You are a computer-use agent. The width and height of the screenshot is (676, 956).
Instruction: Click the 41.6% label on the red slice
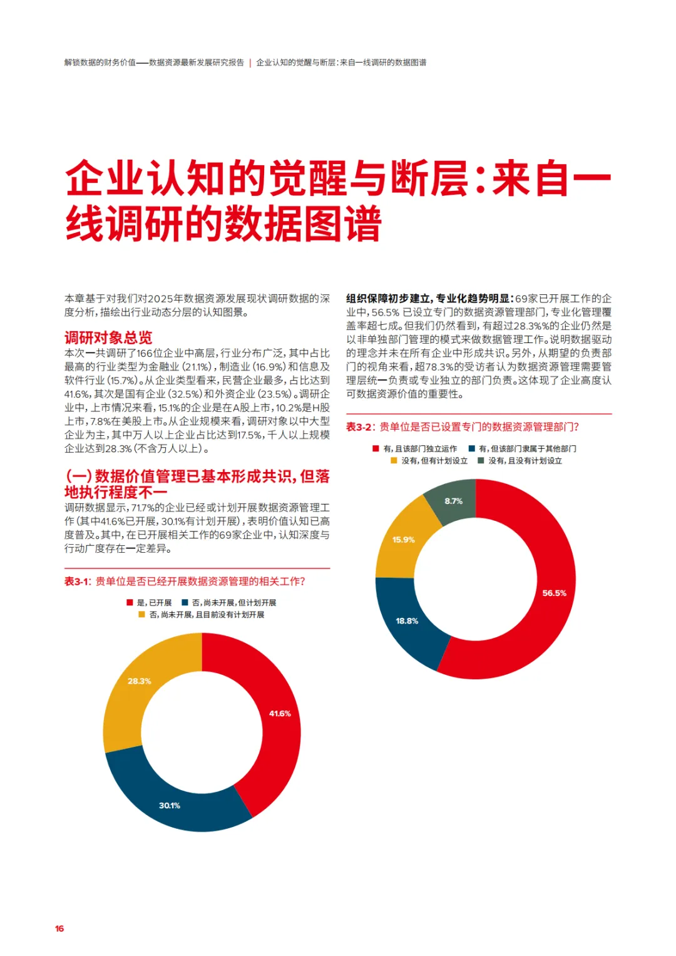point(280,713)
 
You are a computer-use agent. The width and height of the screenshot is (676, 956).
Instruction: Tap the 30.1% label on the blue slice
point(170,805)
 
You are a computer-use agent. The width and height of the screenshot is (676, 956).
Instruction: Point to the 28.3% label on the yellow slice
point(139,681)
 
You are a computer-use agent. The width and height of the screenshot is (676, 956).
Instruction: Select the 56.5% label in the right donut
point(554,593)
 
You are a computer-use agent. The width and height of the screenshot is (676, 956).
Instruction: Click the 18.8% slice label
point(407,620)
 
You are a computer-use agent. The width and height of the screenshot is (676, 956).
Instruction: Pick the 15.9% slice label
point(403,540)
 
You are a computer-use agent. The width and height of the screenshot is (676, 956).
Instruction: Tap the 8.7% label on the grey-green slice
point(453,501)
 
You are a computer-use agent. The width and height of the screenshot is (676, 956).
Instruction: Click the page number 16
point(59,928)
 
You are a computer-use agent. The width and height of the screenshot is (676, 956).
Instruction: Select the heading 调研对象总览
point(108,337)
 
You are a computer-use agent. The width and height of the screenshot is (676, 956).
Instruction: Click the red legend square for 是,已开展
point(130,602)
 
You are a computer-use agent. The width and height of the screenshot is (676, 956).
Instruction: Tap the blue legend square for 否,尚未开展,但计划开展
point(185,602)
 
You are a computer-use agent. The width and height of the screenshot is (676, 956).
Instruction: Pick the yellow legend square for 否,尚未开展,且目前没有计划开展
point(141,615)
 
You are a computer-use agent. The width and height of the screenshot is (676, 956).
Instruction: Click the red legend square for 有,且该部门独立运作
point(376,448)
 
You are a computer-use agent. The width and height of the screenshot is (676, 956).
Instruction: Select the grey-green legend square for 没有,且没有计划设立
point(481,461)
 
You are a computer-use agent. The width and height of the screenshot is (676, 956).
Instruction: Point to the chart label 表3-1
point(77,581)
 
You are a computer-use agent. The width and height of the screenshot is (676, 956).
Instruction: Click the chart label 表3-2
point(359,427)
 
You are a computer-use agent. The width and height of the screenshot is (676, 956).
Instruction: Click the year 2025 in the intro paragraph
point(160,299)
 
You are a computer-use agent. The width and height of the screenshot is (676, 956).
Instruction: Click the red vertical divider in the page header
point(250,63)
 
